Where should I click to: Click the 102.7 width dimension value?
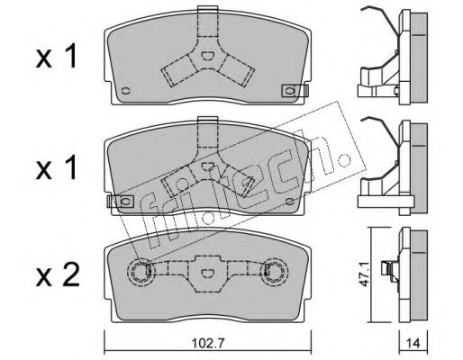[x=208, y=343]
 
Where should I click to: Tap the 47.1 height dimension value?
[x=365, y=275]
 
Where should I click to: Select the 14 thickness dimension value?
[x=413, y=343]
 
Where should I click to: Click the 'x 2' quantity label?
[x=58, y=274]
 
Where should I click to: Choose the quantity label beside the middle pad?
[x=57, y=168]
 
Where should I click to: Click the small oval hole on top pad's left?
[x=125, y=91]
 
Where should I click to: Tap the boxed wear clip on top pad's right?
[x=295, y=91]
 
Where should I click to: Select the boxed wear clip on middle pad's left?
[x=121, y=201]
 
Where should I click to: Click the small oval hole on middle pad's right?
[x=290, y=202]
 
